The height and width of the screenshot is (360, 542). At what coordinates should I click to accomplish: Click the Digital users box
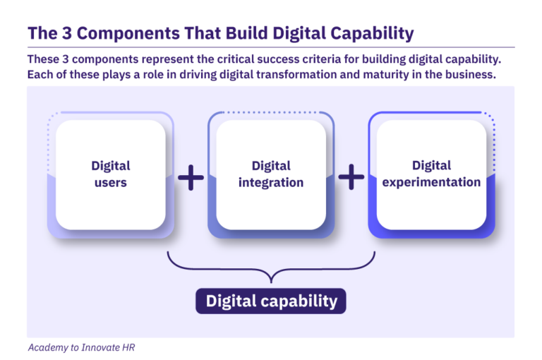[110, 174]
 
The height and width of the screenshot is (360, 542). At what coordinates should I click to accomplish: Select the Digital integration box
[271, 174]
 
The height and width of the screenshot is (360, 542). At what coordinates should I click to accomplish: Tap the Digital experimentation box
[431, 174]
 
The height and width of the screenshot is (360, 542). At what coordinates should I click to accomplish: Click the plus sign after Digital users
[191, 178]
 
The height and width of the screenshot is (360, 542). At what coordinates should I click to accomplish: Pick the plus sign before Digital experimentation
[351, 178]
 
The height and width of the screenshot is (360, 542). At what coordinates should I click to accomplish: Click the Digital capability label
[271, 301]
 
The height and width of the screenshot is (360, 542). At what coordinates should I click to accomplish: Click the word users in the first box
[111, 182]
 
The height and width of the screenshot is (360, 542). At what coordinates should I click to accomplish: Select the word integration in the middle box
[271, 182]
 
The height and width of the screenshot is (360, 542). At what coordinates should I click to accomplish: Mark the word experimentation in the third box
[431, 182]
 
